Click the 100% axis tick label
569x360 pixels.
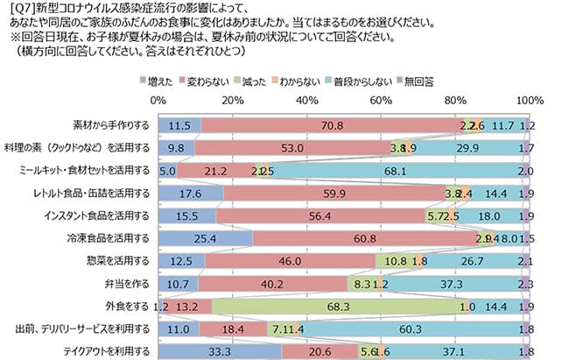coord(528,102)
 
